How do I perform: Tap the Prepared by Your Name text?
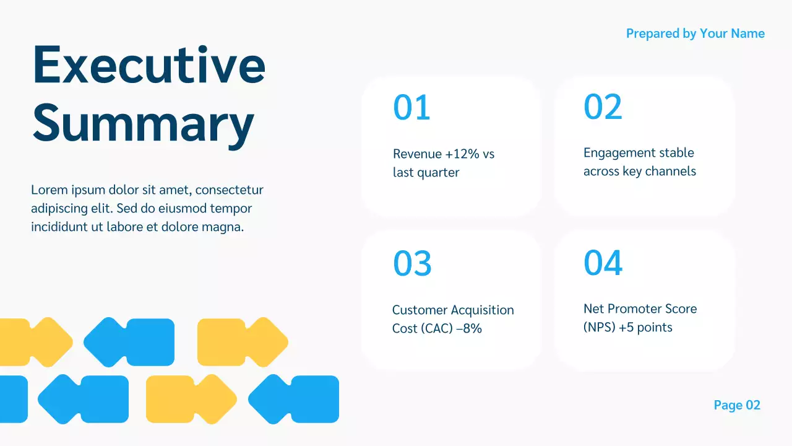coord(695,33)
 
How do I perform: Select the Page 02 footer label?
coord(736,405)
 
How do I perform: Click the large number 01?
coord(411,108)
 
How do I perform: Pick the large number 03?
coord(412,264)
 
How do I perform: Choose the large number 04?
coord(603,263)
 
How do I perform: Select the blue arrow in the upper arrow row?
coord(129,341)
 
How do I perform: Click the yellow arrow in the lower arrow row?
coord(191,399)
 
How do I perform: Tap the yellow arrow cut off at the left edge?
coord(34,341)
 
